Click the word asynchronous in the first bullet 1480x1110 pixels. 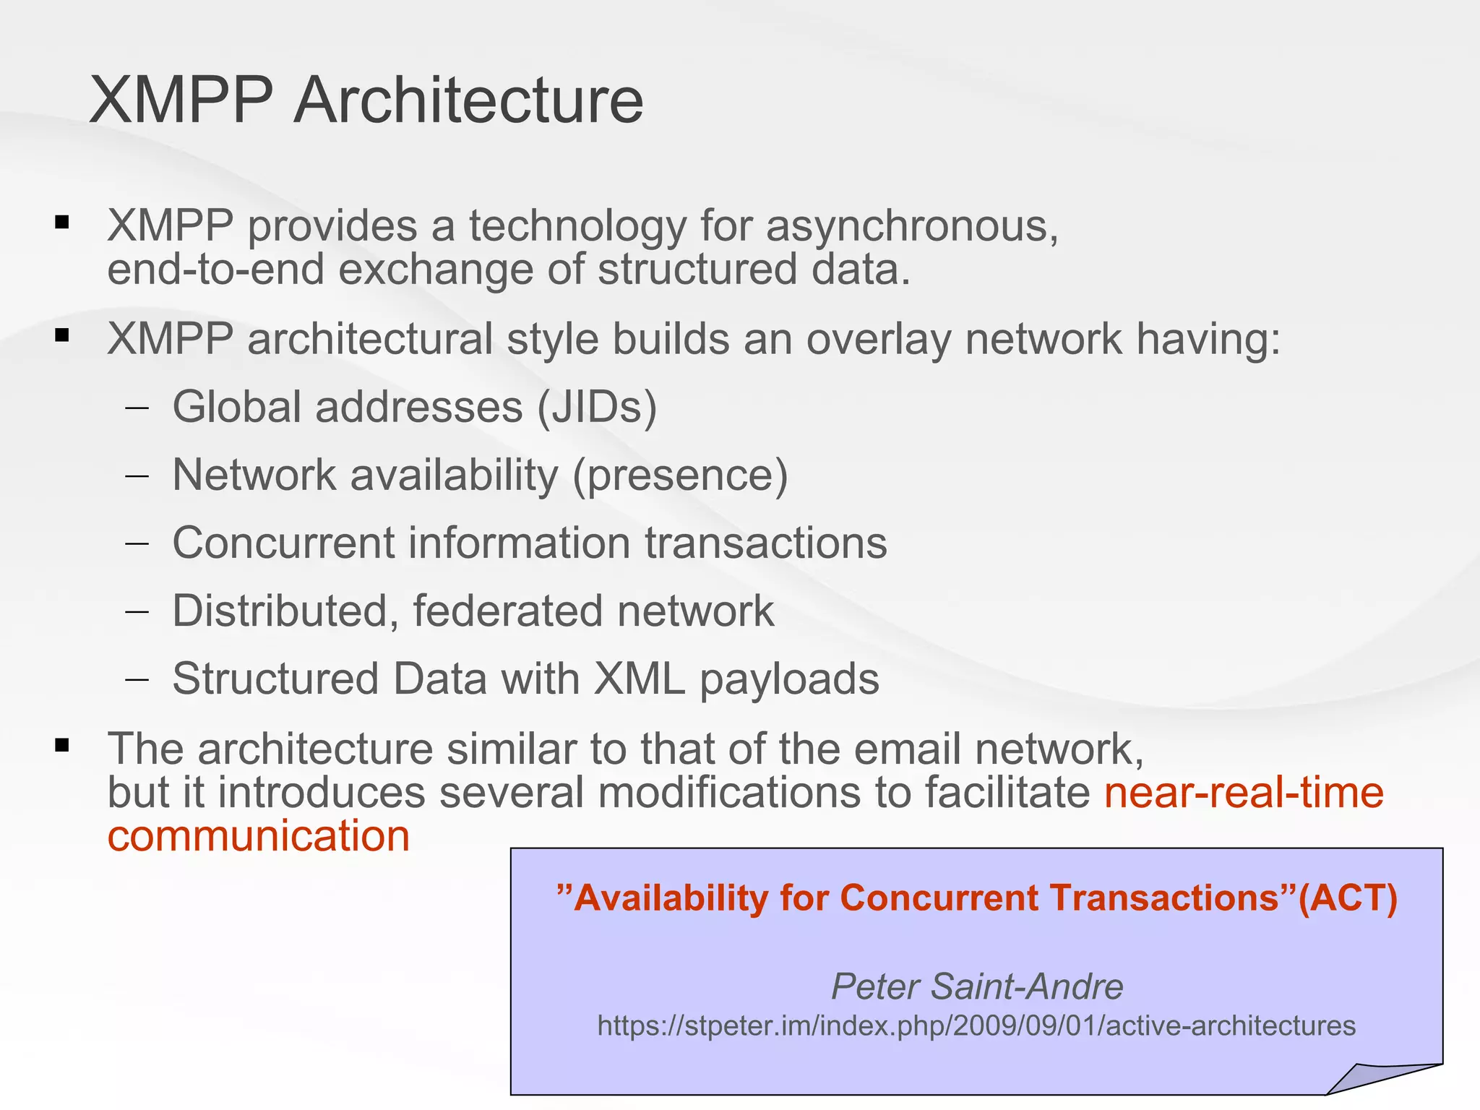(912, 225)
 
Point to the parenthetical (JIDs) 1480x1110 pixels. (597, 407)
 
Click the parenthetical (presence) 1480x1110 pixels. (680, 476)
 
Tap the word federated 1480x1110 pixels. (507, 611)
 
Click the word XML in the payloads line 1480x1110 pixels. (639, 679)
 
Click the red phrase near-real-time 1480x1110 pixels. (1244, 793)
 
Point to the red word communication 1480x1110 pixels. (259, 836)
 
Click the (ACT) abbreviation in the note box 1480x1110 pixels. (1348, 898)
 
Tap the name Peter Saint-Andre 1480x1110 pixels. (977, 986)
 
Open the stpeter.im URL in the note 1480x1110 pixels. (976, 1026)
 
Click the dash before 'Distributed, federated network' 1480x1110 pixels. (137, 611)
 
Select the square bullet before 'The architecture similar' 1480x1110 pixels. (62, 745)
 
